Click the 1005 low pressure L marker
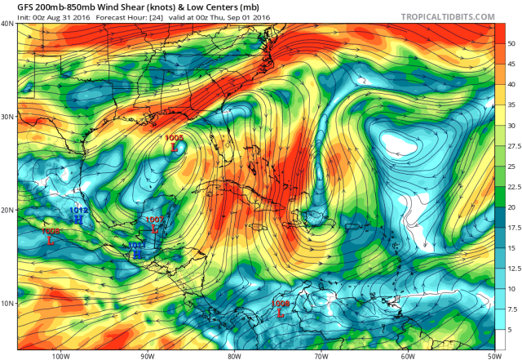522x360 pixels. [x=174, y=146]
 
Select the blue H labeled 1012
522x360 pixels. [x=78, y=219]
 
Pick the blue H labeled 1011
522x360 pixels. [x=137, y=254]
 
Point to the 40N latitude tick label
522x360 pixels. [x=7, y=24]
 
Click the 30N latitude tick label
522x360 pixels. [x=7, y=117]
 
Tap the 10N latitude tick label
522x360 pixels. [x=7, y=304]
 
